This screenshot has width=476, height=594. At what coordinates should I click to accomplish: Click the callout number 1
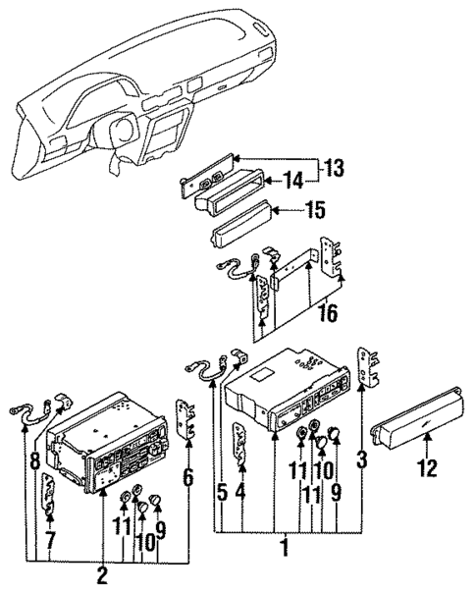(286, 546)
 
